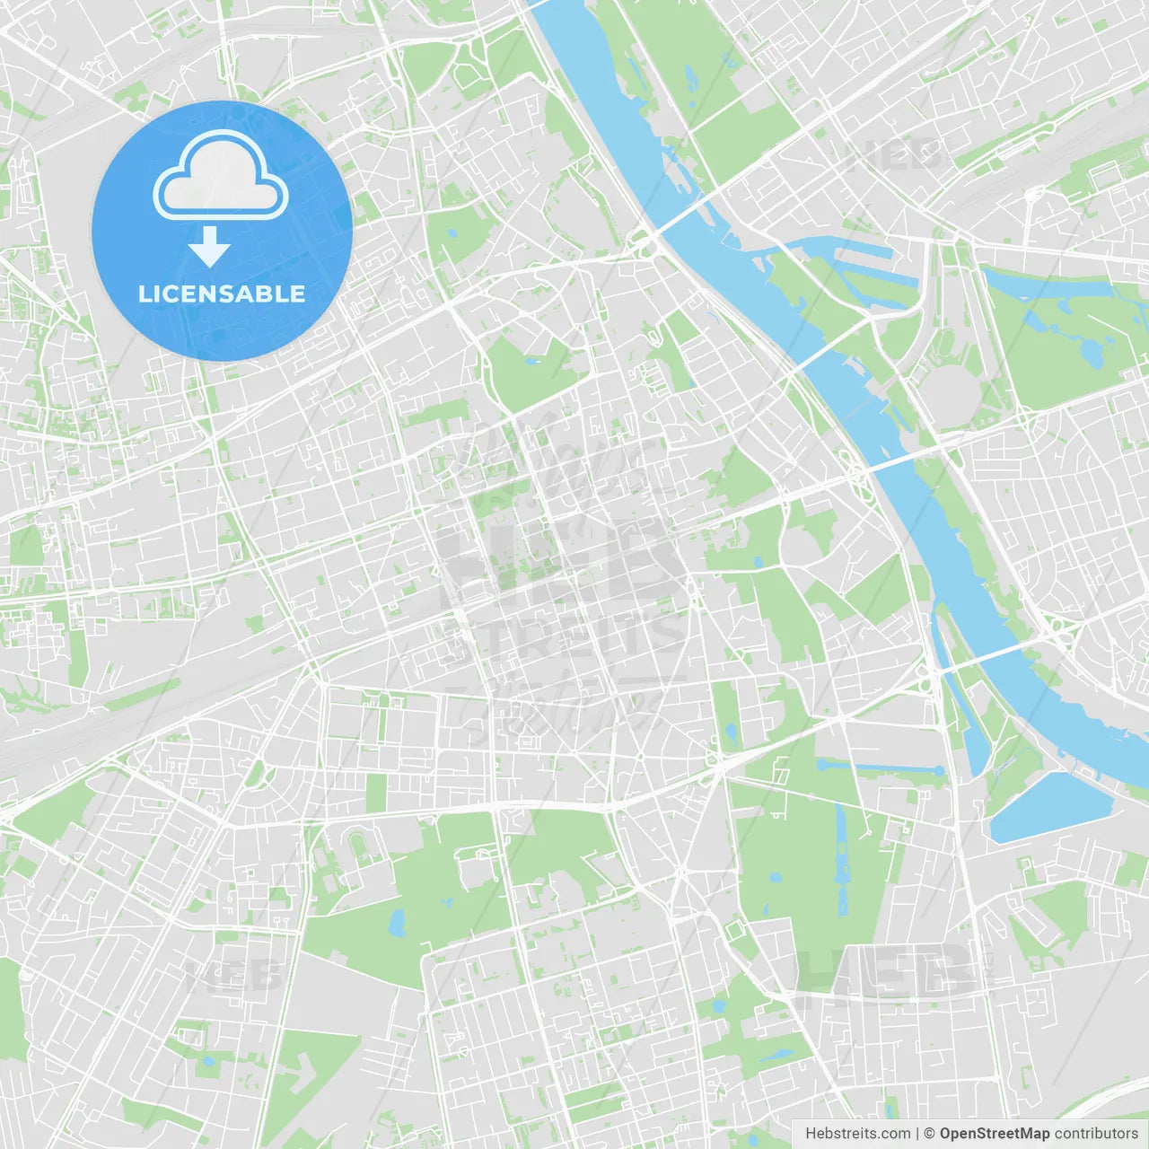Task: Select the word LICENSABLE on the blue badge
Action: [222, 294]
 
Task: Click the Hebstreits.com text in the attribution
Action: [857, 1134]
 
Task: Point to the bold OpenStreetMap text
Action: [994, 1134]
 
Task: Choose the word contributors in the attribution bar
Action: [1096, 1134]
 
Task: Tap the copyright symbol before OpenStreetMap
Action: [929, 1134]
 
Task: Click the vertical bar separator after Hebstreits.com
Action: [917, 1134]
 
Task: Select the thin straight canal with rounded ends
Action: [880, 767]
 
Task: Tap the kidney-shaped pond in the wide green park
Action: [396, 922]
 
